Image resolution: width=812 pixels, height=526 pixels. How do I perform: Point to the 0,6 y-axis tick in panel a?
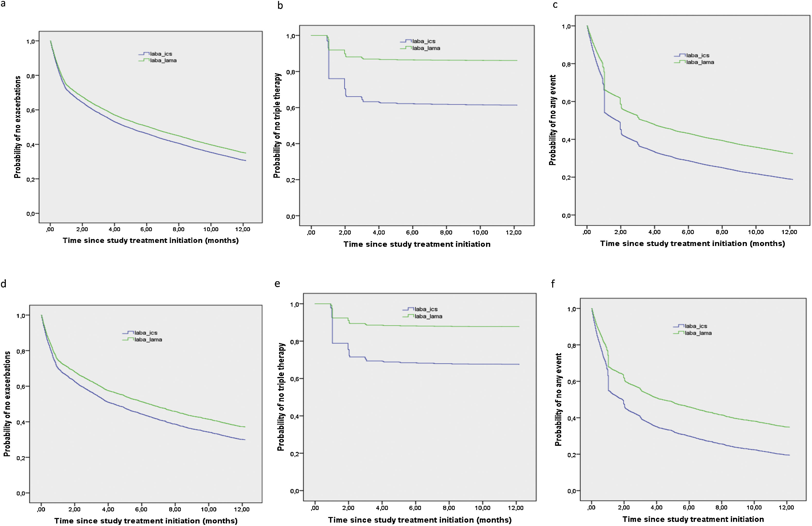30,110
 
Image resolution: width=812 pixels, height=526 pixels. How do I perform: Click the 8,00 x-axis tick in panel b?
446,233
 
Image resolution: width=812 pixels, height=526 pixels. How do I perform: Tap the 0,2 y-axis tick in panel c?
566,177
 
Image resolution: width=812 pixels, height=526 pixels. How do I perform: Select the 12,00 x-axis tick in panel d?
242,509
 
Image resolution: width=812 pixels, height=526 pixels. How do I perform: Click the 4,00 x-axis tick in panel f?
656,508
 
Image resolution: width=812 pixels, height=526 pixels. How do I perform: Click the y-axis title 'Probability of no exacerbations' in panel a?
17,127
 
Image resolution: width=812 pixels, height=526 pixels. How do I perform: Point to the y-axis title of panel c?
552,120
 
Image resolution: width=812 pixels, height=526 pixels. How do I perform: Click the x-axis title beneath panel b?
417,244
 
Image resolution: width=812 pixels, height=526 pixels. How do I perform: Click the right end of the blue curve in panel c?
792,179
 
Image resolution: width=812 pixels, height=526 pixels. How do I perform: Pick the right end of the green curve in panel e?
519,326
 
